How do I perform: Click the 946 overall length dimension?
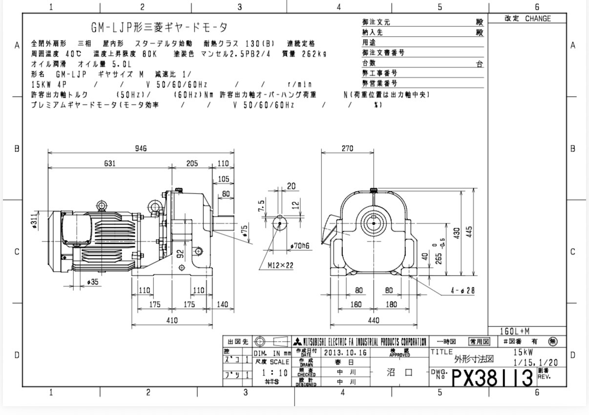[141, 149]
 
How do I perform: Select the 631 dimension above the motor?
[109, 163]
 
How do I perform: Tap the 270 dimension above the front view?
[347, 149]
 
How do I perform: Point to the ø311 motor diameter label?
[34, 220]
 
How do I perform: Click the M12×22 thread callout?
[280, 265]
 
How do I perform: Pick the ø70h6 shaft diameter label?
[300, 245]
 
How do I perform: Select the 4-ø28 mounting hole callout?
[463, 291]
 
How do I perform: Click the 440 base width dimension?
[374, 320]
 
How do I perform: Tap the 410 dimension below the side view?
[172, 320]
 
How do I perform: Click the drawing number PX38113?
[492, 378]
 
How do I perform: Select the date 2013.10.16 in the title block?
[344, 352]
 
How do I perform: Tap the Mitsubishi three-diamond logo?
[296, 342]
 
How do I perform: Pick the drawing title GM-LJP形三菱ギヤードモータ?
[159, 27]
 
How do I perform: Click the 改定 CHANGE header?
[527, 19]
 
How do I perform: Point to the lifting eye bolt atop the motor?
[102, 206]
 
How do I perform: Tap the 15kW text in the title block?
[523, 352]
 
